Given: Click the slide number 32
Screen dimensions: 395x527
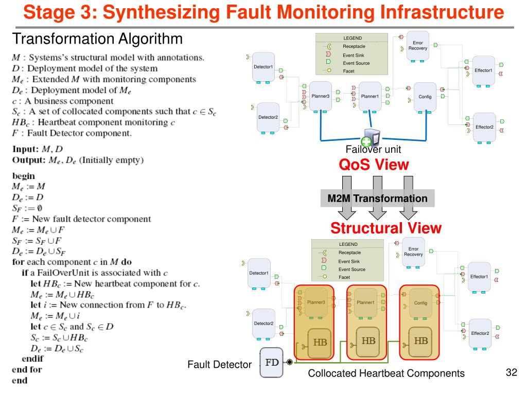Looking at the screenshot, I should [x=511, y=372].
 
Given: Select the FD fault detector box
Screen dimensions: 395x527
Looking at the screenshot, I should [x=272, y=362].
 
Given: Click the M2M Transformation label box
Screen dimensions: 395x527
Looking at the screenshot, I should [x=377, y=199].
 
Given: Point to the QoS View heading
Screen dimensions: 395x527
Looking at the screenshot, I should [x=374, y=165].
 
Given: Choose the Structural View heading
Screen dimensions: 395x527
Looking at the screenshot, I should [x=385, y=228].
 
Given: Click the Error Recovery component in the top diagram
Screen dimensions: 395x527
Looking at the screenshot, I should [x=417, y=46].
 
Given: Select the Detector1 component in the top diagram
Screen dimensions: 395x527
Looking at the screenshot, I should [x=263, y=67].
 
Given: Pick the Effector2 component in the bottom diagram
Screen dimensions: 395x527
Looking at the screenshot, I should [x=480, y=333].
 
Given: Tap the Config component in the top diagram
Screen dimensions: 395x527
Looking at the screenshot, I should [x=425, y=96].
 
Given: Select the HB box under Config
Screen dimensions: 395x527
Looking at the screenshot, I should [x=421, y=340].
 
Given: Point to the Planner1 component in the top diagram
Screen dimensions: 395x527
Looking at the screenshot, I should [x=370, y=96].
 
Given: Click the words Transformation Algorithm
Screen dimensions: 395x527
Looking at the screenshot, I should [x=97, y=39].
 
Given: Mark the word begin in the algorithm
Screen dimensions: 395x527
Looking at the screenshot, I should [x=24, y=175].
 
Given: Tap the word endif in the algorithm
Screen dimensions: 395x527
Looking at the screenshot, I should [x=32, y=358].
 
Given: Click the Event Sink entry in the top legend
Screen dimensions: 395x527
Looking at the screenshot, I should [x=353, y=55].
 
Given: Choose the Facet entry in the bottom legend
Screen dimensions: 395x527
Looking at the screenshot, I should [x=344, y=277].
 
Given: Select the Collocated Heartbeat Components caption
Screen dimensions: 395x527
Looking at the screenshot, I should [x=386, y=374].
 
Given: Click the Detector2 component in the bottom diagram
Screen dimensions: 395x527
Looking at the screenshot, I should [x=263, y=324].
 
